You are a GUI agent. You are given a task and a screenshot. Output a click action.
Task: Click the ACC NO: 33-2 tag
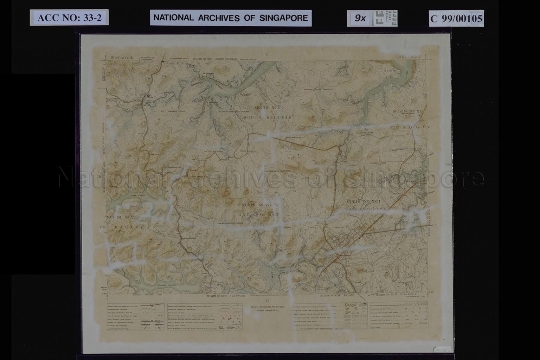coord(69,18)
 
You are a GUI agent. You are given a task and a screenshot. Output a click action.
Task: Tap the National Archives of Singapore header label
coord(231,18)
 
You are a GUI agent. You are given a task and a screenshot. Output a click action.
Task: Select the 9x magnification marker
coord(360,18)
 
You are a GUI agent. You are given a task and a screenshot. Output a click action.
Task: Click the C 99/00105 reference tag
coord(456,18)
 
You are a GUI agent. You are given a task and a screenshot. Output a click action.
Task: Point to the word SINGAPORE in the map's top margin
coord(122,57)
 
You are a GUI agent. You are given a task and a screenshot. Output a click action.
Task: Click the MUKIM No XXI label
coord(409,111)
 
